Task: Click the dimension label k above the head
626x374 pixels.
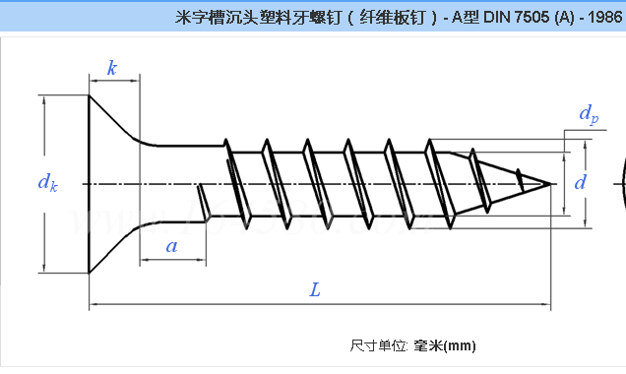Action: [112, 68]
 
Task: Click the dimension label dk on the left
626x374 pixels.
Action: [47, 182]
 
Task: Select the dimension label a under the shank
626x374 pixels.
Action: [172, 246]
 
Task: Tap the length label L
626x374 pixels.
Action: [315, 290]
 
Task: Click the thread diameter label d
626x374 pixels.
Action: [580, 182]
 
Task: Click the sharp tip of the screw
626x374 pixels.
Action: [548, 183]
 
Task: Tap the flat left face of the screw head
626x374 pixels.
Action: [90, 183]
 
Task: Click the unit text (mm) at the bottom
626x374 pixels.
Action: [460, 345]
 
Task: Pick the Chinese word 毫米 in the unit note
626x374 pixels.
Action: [427, 345]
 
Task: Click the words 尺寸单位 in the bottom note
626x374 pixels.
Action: [377, 345]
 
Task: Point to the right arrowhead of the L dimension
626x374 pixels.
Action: [544, 307]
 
